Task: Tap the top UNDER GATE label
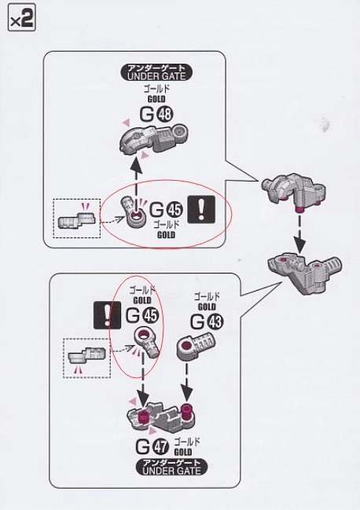(x=156, y=72)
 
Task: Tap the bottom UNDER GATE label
(x=171, y=467)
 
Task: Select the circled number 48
(x=165, y=114)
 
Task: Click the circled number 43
(x=215, y=322)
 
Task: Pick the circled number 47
(x=160, y=447)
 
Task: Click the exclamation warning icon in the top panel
(x=202, y=210)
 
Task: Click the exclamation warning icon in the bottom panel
(x=107, y=315)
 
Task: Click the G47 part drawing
(x=162, y=417)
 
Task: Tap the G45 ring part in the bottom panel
(x=147, y=343)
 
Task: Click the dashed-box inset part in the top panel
(x=77, y=221)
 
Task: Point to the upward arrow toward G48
(x=137, y=179)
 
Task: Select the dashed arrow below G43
(x=186, y=382)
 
